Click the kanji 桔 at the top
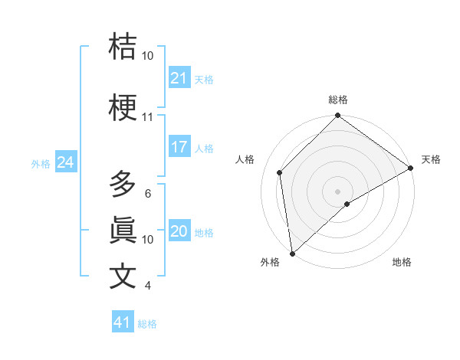point(123,47)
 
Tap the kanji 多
point(123,185)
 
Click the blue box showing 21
point(179,78)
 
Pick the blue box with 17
point(179,148)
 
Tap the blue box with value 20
point(179,232)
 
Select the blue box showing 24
point(65,162)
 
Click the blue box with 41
point(123,322)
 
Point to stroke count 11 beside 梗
point(147,117)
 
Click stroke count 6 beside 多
point(147,194)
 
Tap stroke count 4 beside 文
point(147,286)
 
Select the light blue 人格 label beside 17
point(204,149)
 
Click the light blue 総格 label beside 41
point(147,324)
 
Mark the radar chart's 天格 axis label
point(431,159)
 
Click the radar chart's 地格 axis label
point(402,262)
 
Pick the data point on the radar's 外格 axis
point(291,254)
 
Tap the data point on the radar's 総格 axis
point(337,116)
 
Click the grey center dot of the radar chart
point(337,191)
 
